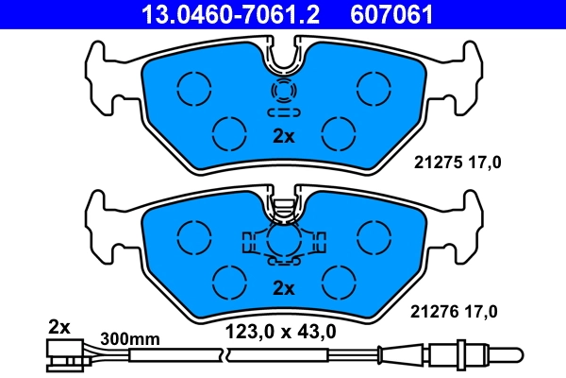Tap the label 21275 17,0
tap(458, 162)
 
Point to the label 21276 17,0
tap(458, 309)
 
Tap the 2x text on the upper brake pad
tap(284, 136)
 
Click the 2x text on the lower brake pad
tap(284, 287)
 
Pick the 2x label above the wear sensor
tap(58, 327)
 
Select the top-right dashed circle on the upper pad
tap(370, 87)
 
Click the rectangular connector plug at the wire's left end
tap(61, 355)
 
